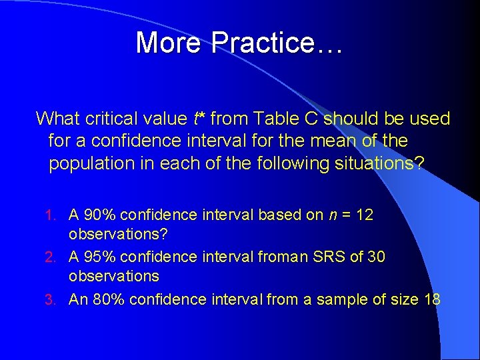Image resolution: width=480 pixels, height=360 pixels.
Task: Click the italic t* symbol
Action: click(x=198, y=119)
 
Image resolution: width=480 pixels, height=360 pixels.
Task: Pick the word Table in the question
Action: click(x=264, y=119)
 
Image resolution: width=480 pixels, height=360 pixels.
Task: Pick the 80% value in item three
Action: click(x=108, y=299)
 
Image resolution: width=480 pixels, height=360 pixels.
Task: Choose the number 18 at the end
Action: click(x=431, y=299)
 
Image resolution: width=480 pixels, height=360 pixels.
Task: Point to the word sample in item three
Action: click(x=339, y=299)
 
